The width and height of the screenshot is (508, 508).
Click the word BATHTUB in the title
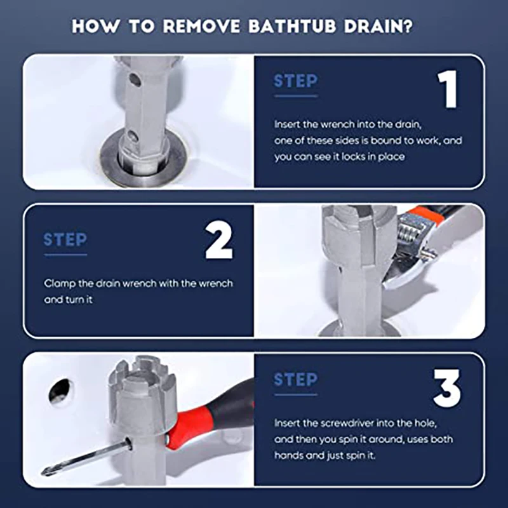pos(292,26)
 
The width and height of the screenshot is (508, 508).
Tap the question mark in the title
pos(408,25)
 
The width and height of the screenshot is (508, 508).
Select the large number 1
pos(448,89)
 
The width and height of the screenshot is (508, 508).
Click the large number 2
pos(219,240)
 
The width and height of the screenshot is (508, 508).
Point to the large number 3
pos(447,388)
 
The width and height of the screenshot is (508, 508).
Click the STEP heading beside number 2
pos(65,240)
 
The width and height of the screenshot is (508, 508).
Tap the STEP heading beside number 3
pos(295,379)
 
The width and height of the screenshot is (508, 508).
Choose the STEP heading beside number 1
pos(295,81)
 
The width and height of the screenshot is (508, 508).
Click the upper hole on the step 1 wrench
pos(135,80)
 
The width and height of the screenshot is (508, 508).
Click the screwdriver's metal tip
pos(47,471)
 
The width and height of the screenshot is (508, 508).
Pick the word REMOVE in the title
pos(201,26)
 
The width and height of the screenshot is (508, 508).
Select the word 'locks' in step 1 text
pos(358,157)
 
